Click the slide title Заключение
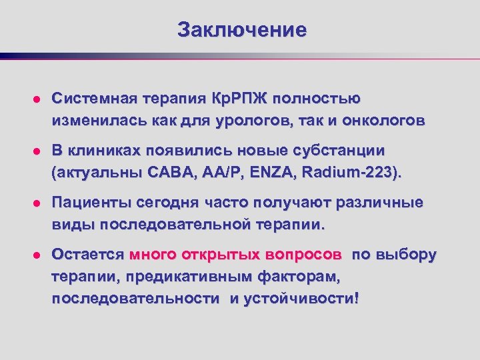[x=242, y=30]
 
